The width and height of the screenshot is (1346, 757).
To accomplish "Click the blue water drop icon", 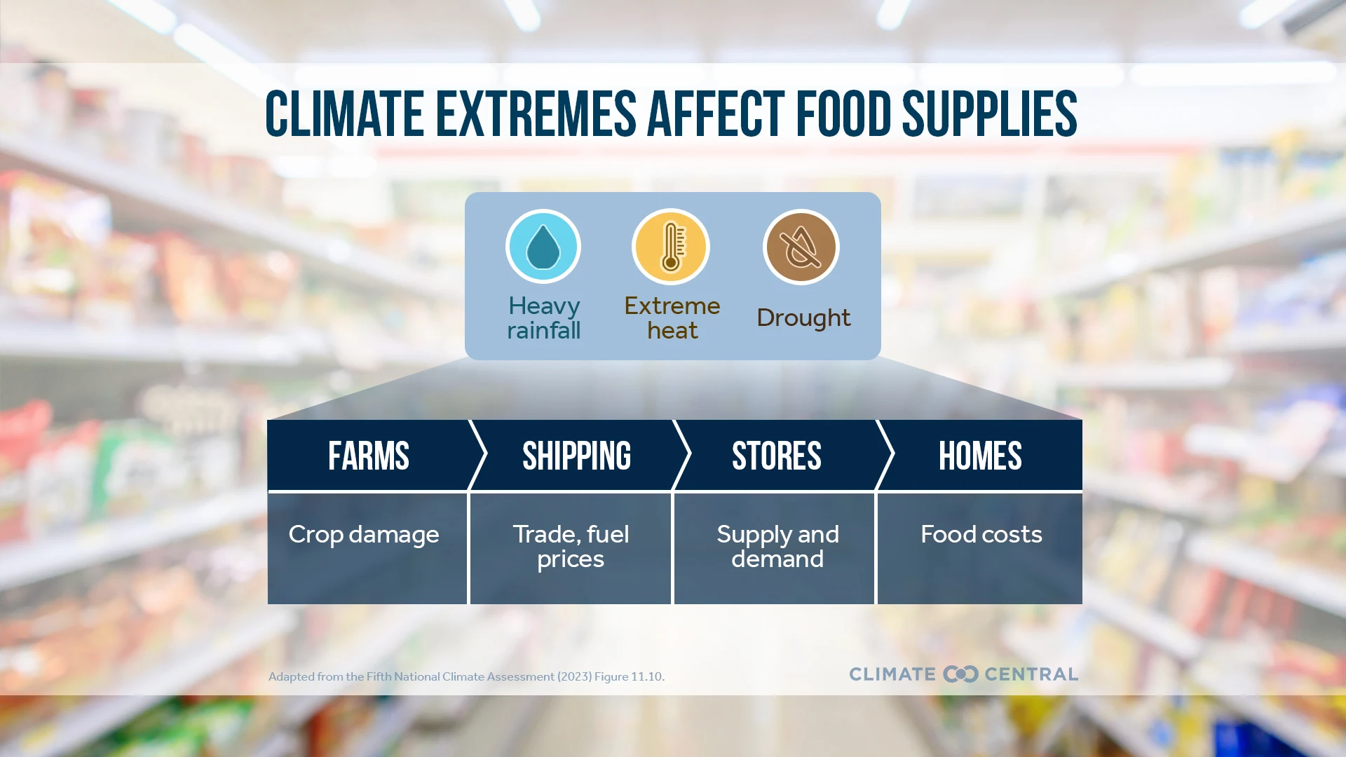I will (x=543, y=247).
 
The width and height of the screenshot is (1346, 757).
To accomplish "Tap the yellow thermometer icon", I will (x=671, y=247).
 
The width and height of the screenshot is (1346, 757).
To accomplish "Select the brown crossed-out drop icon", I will (x=801, y=247).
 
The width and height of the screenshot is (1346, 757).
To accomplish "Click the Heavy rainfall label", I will (x=544, y=318).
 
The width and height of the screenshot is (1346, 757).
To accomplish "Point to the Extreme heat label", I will (x=672, y=318).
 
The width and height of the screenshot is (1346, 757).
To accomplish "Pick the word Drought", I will (x=803, y=318).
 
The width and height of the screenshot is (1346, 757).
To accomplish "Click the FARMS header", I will (x=369, y=456).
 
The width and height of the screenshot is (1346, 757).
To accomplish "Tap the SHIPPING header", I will (x=576, y=456).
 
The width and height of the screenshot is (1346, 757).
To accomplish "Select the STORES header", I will (x=776, y=456).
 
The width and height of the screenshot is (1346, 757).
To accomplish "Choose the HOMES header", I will (x=980, y=456).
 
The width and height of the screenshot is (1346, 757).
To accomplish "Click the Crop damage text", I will (x=364, y=535).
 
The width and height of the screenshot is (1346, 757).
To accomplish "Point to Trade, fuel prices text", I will (x=571, y=546).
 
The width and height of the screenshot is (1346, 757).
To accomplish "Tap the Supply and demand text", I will (x=777, y=546).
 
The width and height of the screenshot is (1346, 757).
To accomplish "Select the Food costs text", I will (x=981, y=535).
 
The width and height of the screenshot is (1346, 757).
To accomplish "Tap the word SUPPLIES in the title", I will (x=989, y=114).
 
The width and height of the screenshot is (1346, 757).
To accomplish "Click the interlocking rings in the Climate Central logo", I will (x=960, y=674).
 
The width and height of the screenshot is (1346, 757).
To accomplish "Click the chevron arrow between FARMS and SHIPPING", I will (x=478, y=455).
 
